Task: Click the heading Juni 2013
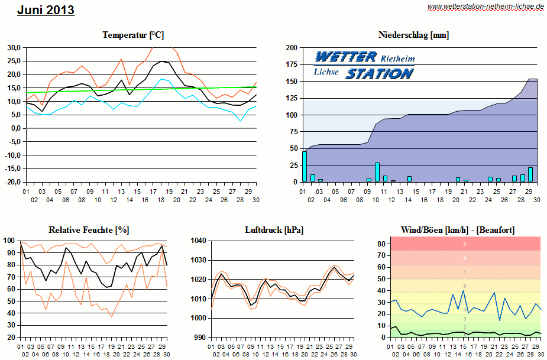coord(46,10)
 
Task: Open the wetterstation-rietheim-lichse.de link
coord(485,7)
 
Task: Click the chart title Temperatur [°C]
coord(132,35)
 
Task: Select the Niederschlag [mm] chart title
coord(413,35)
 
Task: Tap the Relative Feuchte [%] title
coord(89,229)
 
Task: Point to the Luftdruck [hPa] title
coord(274,229)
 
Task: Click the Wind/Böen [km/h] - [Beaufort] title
coord(457,229)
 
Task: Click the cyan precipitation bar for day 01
coord(305,167)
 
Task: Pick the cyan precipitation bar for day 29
coord(530,174)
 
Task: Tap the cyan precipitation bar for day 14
coord(409,179)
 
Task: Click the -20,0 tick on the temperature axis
coord(12,182)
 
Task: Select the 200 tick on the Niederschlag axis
coord(292,48)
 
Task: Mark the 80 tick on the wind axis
coord(382,244)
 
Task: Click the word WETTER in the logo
coord(346,57)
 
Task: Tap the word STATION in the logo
coord(379,74)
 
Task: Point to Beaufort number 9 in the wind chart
coord(464,244)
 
